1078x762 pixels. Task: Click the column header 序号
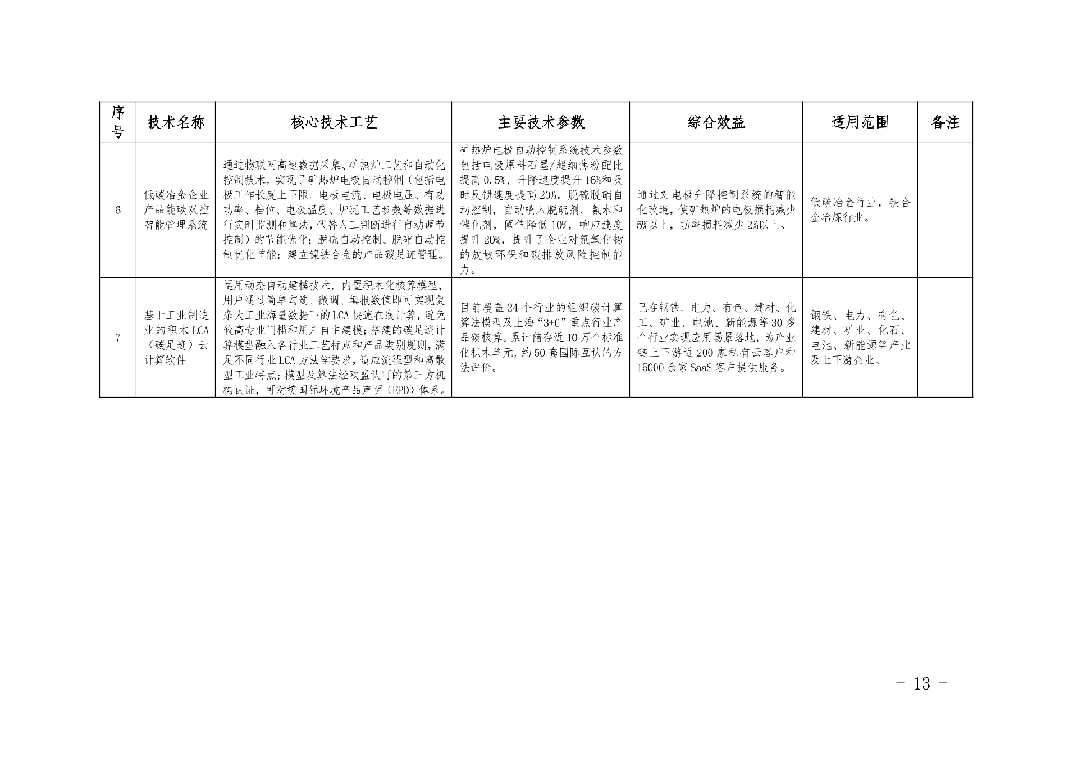coord(117,122)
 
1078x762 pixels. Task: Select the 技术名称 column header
coord(176,122)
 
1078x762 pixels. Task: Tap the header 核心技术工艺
coord(334,122)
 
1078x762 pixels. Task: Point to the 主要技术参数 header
coord(541,122)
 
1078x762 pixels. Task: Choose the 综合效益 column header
coord(716,122)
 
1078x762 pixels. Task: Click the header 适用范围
coord(860,122)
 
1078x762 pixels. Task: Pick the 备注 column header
coord(945,122)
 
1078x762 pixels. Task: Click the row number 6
coord(117,210)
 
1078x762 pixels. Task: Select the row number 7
coord(117,337)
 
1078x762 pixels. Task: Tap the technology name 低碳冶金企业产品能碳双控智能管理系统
coord(176,210)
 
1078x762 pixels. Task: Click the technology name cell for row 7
coord(176,337)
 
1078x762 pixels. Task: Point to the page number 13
coord(921,683)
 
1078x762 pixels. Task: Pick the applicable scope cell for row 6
coord(860,210)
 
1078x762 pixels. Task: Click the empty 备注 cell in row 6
coord(945,210)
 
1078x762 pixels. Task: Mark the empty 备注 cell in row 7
coord(945,337)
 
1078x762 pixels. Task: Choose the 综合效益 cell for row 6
coord(716,210)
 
